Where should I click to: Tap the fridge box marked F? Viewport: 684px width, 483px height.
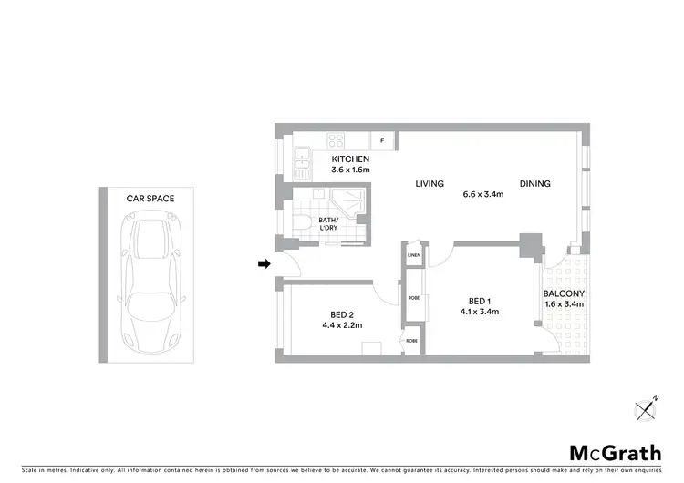click(x=382, y=141)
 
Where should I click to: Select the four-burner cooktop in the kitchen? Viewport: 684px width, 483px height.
click(x=336, y=141)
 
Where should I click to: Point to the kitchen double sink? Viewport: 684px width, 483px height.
click(x=302, y=162)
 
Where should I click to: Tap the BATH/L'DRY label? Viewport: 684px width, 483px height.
click(x=329, y=225)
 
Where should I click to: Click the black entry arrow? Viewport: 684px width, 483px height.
click(x=264, y=264)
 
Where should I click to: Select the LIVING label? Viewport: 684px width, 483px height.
click(x=430, y=184)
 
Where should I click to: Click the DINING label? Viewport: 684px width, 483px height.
click(x=535, y=184)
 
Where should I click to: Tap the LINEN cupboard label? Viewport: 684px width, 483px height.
click(x=414, y=256)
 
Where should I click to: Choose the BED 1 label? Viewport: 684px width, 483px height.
click(x=480, y=301)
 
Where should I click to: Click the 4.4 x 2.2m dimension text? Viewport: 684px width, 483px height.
click(x=342, y=325)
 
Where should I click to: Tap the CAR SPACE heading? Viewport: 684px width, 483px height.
click(x=150, y=198)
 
